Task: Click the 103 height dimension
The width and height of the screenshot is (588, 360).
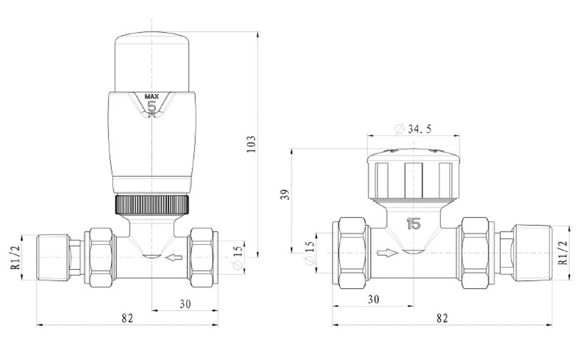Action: [x=251, y=145]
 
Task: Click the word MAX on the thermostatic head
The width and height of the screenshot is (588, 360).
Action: [x=152, y=97]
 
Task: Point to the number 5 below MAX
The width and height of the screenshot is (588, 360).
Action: [x=152, y=107]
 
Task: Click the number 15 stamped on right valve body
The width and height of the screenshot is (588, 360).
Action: [x=413, y=224]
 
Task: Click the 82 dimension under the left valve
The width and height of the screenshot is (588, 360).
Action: [x=127, y=318]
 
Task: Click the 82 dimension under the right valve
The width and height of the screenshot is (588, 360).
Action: [x=442, y=318]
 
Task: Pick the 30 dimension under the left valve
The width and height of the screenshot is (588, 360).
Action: [x=185, y=304]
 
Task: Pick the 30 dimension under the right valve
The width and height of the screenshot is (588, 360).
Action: [x=373, y=299]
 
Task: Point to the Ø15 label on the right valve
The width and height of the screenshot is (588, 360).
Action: [x=310, y=252]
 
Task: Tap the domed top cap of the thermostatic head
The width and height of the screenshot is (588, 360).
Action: [x=152, y=57]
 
